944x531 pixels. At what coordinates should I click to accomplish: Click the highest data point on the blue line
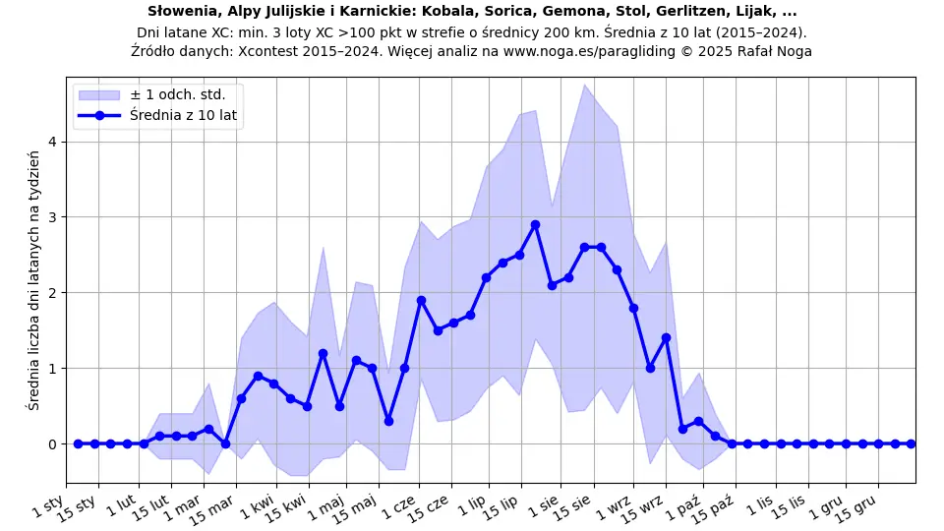(535, 224)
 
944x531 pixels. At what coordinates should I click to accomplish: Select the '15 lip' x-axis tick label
(502, 505)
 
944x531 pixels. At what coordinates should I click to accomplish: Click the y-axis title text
(34, 280)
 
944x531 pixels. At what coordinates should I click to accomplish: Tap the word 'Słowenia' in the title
(181, 12)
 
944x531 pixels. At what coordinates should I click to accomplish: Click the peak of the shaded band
(584, 85)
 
